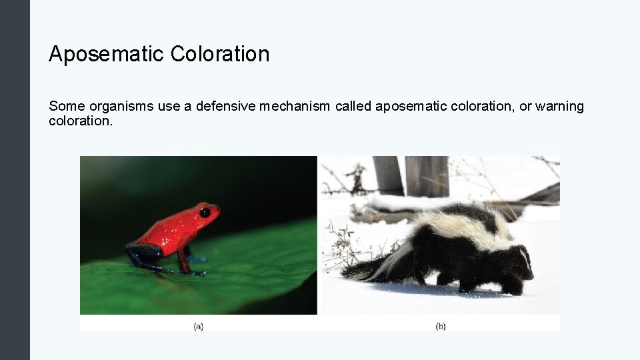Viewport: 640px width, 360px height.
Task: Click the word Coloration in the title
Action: (x=220, y=54)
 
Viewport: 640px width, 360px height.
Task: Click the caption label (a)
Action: (x=199, y=326)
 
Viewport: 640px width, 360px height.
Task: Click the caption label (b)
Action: (x=441, y=326)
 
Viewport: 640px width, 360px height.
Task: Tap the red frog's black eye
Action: (x=205, y=212)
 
